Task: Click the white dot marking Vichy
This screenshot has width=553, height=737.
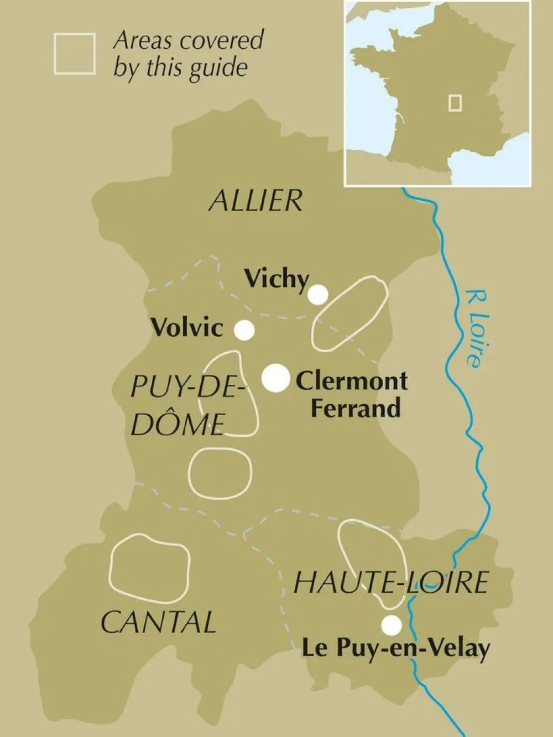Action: [x=317, y=295]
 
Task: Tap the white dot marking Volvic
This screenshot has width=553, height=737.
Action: [x=244, y=330]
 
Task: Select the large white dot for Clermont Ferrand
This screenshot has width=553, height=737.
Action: [x=275, y=379]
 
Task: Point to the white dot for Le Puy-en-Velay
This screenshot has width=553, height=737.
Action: [x=392, y=625]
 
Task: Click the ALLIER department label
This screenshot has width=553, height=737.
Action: [x=256, y=200]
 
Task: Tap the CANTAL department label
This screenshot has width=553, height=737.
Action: [x=158, y=623]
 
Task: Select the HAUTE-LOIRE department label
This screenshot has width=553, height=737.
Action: [x=390, y=583]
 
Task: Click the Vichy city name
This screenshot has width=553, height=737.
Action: [x=276, y=279]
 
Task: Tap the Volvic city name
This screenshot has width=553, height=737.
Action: [x=187, y=327]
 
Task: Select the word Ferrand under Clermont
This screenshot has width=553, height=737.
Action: [x=355, y=408]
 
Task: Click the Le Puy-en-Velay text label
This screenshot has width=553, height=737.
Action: [x=395, y=649]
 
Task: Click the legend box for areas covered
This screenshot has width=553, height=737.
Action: [x=75, y=54]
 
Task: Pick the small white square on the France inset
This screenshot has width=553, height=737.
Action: [x=455, y=103]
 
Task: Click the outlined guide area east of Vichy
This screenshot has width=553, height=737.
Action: [x=349, y=313]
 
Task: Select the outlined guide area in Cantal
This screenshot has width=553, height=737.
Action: [x=149, y=568]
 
